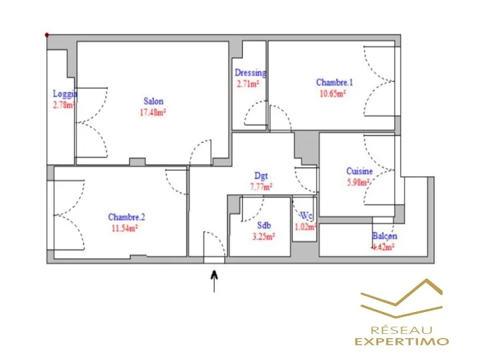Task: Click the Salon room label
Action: click(x=153, y=102)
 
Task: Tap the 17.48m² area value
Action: click(x=153, y=112)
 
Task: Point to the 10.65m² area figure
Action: click(x=331, y=93)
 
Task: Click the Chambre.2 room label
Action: click(x=127, y=217)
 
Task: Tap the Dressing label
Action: click(x=251, y=73)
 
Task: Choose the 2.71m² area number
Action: click(x=247, y=84)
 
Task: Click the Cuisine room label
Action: click(x=359, y=171)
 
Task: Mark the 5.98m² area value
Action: click(x=358, y=183)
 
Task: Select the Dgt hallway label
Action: click(x=261, y=177)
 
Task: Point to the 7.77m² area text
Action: click(x=261, y=187)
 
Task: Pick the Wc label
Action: click(x=306, y=216)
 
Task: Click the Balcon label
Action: click(x=385, y=236)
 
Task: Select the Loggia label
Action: click(x=65, y=94)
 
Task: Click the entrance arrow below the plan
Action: click(x=214, y=280)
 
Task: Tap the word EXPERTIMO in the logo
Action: click(x=401, y=341)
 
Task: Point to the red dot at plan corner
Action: click(x=47, y=35)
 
